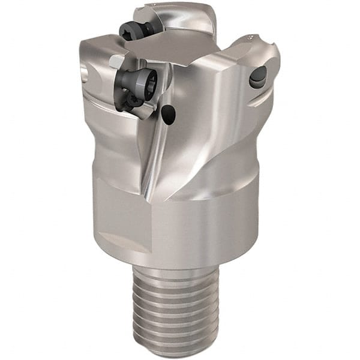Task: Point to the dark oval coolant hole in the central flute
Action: click(x=170, y=114)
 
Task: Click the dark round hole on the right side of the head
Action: click(x=258, y=77)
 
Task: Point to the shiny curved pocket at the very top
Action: click(x=180, y=18)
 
